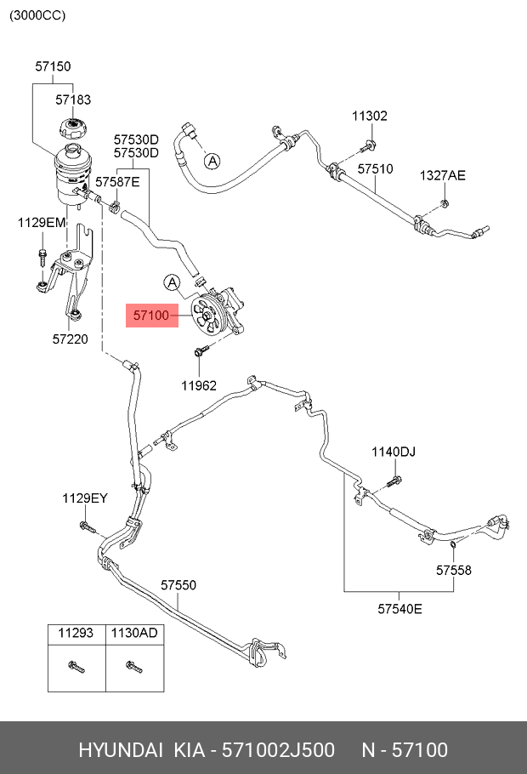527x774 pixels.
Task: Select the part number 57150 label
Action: [53, 66]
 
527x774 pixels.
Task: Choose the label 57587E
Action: [117, 181]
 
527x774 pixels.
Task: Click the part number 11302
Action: [370, 116]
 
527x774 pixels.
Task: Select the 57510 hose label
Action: [375, 169]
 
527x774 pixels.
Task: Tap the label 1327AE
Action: [443, 175]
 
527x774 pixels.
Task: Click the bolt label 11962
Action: [199, 384]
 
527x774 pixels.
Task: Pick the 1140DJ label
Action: [393, 451]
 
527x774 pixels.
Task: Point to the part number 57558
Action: [454, 570]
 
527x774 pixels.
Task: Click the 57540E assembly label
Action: [399, 608]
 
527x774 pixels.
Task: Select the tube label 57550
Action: [178, 585]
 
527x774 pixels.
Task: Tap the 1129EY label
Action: [84, 498]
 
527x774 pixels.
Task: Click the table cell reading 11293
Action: [76, 634]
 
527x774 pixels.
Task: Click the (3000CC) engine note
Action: [37, 15]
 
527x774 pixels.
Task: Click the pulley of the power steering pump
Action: [207, 314]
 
